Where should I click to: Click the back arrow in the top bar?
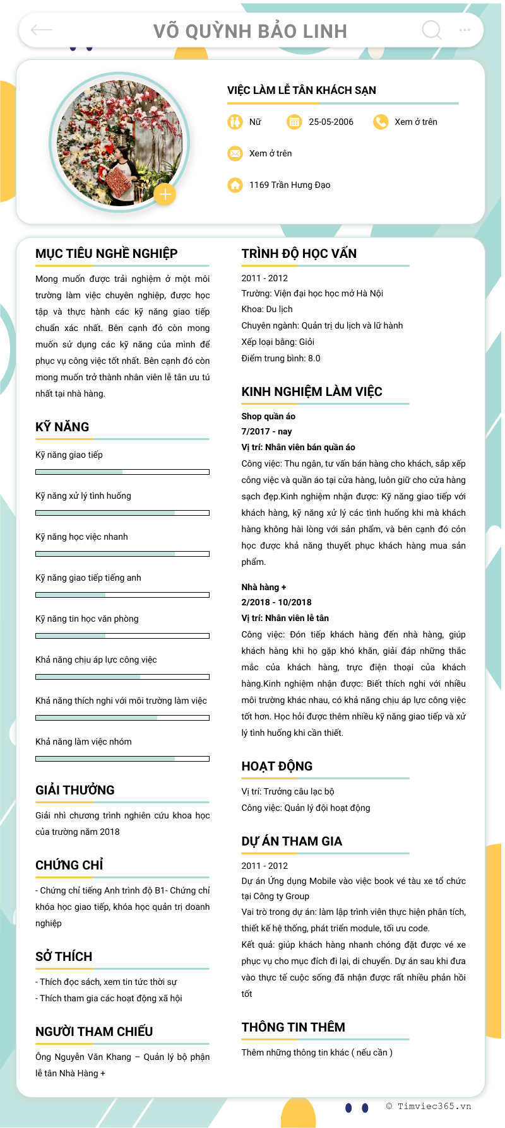pos(42,30)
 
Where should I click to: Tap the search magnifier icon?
pos(432,30)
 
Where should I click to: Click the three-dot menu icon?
pos(465,30)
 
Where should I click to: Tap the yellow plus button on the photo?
pos(165,194)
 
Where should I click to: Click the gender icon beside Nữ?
pos(235,122)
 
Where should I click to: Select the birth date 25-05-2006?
pos(331,122)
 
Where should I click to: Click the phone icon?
pos(381,122)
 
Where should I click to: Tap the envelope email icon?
pos(235,153)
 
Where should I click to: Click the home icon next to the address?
pos(235,185)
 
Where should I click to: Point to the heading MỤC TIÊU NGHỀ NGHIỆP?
pos(106,253)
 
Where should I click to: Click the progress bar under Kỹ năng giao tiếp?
pos(122,472)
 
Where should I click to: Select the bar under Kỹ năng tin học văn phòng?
pos(122,636)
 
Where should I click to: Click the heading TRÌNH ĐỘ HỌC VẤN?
pos(299,253)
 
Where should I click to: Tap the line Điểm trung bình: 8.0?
pos(280,358)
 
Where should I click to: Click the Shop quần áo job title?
pos(268,416)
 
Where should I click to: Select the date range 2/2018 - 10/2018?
pos(276,602)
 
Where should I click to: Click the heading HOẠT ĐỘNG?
pos(276,766)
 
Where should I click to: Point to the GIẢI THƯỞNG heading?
pos(74,790)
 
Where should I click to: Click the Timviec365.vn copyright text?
pos(429,1106)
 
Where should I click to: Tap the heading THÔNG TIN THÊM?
pos(293,1027)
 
